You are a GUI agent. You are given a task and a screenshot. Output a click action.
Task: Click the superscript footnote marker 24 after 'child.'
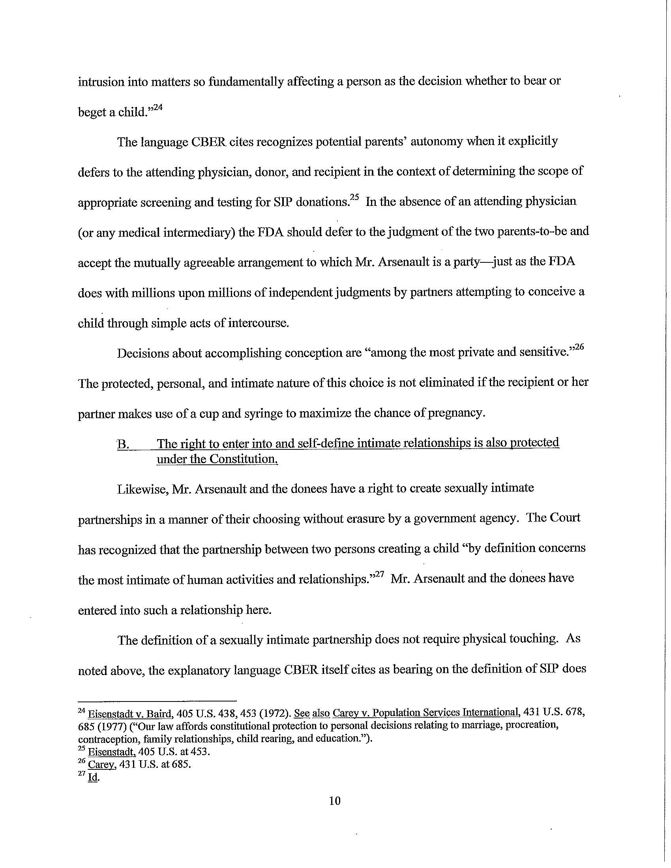pyautogui.click(x=157, y=107)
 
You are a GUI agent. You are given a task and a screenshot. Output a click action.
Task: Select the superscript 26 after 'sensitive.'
pyautogui.click(x=578, y=348)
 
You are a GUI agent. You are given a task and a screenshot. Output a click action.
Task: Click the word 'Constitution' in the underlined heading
pyautogui.click(x=243, y=459)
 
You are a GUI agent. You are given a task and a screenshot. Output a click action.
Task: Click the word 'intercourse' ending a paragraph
pyautogui.click(x=258, y=323)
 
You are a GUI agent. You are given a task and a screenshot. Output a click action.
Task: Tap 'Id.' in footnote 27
pyautogui.click(x=94, y=777)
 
